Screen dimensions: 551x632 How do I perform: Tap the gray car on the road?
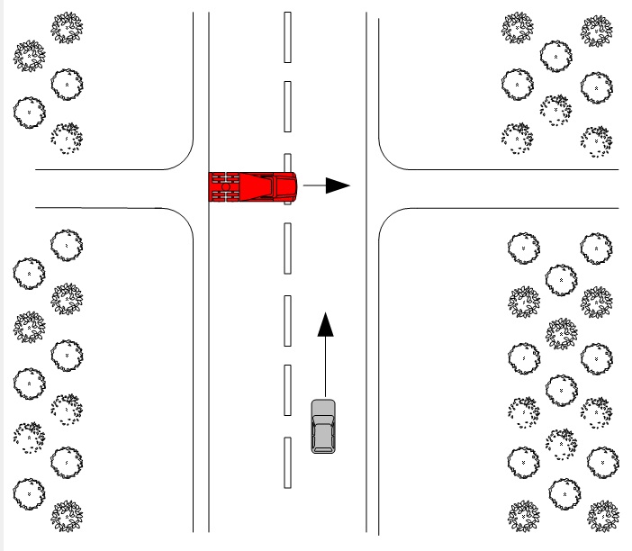tap(323, 425)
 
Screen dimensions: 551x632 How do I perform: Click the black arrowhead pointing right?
tap(337, 186)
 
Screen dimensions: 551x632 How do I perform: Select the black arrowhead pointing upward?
tap(326, 325)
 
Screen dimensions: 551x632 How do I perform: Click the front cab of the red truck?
tap(284, 186)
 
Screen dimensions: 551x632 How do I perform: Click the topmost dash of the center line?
tap(287, 37)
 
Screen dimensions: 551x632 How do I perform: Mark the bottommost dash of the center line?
tap(287, 463)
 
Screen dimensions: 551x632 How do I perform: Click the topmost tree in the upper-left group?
tap(66, 28)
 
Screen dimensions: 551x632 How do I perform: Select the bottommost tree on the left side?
tap(66, 517)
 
